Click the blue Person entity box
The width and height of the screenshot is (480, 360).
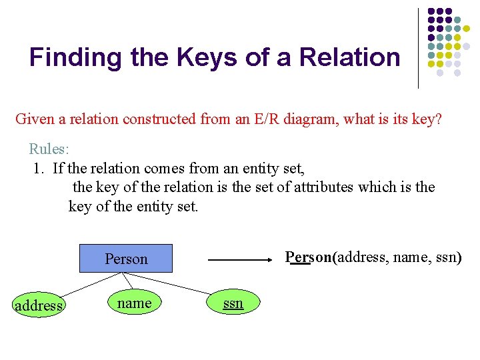[126, 259]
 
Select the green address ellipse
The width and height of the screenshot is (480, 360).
[38, 305]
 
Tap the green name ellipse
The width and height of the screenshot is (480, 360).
[134, 303]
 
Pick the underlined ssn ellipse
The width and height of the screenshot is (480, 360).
[233, 303]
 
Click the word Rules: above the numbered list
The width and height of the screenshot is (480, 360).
[49, 148]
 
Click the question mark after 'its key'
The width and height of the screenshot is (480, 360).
[438, 119]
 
